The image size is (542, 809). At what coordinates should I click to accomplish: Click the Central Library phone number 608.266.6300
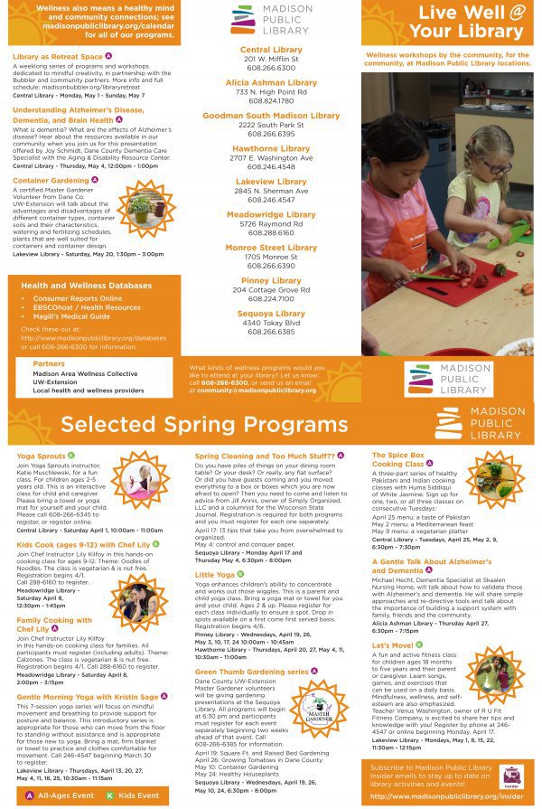coord(271,68)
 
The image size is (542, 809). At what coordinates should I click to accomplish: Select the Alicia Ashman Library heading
coord(271,82)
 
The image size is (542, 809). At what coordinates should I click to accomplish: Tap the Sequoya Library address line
coord(271,323)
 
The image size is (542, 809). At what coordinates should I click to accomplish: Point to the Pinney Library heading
coord(271,280)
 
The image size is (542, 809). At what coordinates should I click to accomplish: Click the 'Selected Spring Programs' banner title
coord(204,425)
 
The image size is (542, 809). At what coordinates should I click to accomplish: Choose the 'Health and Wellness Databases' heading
coord(86,285)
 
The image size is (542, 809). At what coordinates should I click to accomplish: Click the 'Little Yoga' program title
coord(215,574)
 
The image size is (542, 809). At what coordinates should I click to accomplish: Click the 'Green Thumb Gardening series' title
coord(251,672)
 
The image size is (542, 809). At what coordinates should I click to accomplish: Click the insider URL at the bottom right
coord(446,796)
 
